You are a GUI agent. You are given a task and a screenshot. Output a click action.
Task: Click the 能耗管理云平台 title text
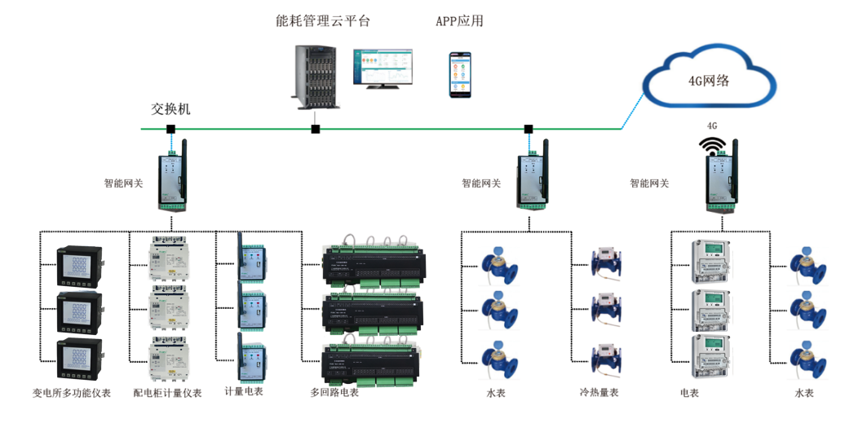322,21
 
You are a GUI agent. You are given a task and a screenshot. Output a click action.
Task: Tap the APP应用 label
459,21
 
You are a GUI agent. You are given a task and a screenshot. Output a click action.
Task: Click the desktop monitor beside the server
382,68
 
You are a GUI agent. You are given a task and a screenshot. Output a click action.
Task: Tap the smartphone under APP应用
459,75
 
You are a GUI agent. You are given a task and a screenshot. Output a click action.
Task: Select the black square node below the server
316,129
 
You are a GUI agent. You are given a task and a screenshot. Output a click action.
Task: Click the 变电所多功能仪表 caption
72,394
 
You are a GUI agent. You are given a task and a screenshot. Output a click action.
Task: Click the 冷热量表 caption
599,393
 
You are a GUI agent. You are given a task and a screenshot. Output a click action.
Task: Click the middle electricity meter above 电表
709,309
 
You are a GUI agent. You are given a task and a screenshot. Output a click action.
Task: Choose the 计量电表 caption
244,391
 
